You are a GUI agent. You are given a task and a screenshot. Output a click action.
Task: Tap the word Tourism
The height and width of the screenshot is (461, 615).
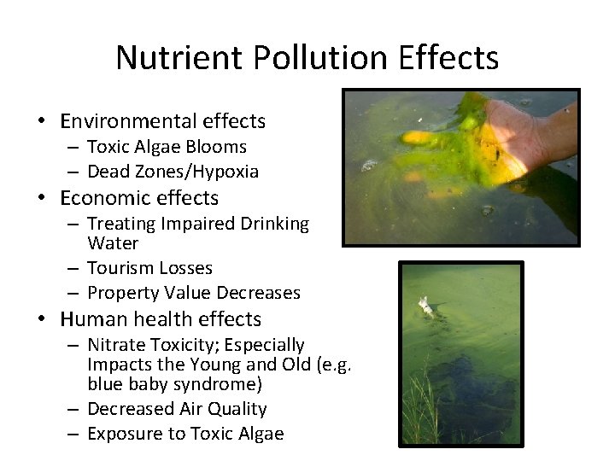[117, 268]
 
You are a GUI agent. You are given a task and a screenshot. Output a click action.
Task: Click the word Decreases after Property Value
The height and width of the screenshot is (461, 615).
[259, 293]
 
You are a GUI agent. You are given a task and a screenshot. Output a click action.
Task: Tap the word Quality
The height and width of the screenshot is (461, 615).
[237, 409]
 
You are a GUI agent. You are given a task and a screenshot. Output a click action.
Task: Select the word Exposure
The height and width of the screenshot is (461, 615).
[124, 434]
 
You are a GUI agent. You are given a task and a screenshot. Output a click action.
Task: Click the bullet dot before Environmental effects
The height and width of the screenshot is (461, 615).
[42, 122]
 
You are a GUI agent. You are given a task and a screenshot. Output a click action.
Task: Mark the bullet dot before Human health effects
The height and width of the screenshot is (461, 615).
[42, 320]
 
